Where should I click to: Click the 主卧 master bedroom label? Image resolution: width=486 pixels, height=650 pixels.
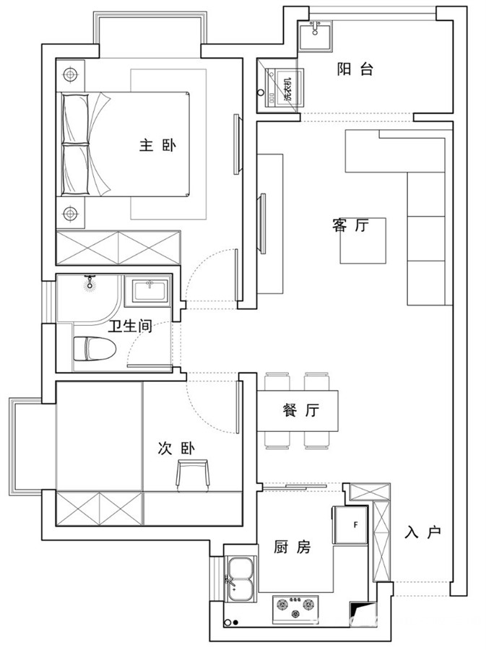click(157, 146)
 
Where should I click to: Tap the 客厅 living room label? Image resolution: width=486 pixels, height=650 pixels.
click(350, 225)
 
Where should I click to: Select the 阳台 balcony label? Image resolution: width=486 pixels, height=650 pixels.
click(355, 69)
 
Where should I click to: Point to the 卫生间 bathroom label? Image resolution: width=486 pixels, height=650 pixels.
click(130, 326)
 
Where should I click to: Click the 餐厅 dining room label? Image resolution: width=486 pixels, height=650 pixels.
click(301, 410)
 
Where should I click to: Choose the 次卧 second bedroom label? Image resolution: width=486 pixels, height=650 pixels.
click(176, 448)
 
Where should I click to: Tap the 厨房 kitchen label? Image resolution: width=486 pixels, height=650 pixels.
click(292, 547)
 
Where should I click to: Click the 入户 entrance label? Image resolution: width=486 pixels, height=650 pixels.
click(423, 532)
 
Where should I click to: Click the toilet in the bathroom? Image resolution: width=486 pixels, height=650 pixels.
click(94, 349)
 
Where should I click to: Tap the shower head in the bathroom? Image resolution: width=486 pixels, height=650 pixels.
click(90, 282)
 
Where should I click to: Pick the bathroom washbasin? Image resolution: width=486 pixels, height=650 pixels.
click(149, 290)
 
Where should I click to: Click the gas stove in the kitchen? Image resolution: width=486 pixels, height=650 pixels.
click(295, 609)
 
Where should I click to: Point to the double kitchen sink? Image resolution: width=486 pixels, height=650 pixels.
click(240, 579)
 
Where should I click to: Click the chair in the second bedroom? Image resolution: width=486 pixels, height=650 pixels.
click(193, 475)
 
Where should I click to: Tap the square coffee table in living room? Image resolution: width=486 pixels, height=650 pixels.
click(363, 240)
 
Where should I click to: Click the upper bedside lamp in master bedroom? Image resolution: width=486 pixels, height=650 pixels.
click(70, 75)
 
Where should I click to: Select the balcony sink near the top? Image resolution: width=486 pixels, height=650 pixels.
click(316, 35)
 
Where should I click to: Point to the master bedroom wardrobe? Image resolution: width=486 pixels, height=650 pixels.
click(118, 248)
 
